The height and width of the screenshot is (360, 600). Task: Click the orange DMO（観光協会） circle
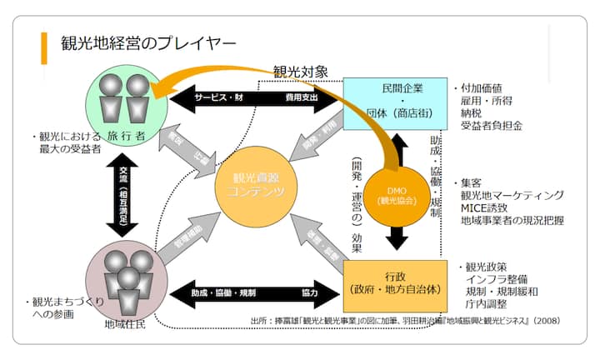pos(397,195)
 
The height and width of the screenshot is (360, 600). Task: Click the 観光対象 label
pos(306,72)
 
